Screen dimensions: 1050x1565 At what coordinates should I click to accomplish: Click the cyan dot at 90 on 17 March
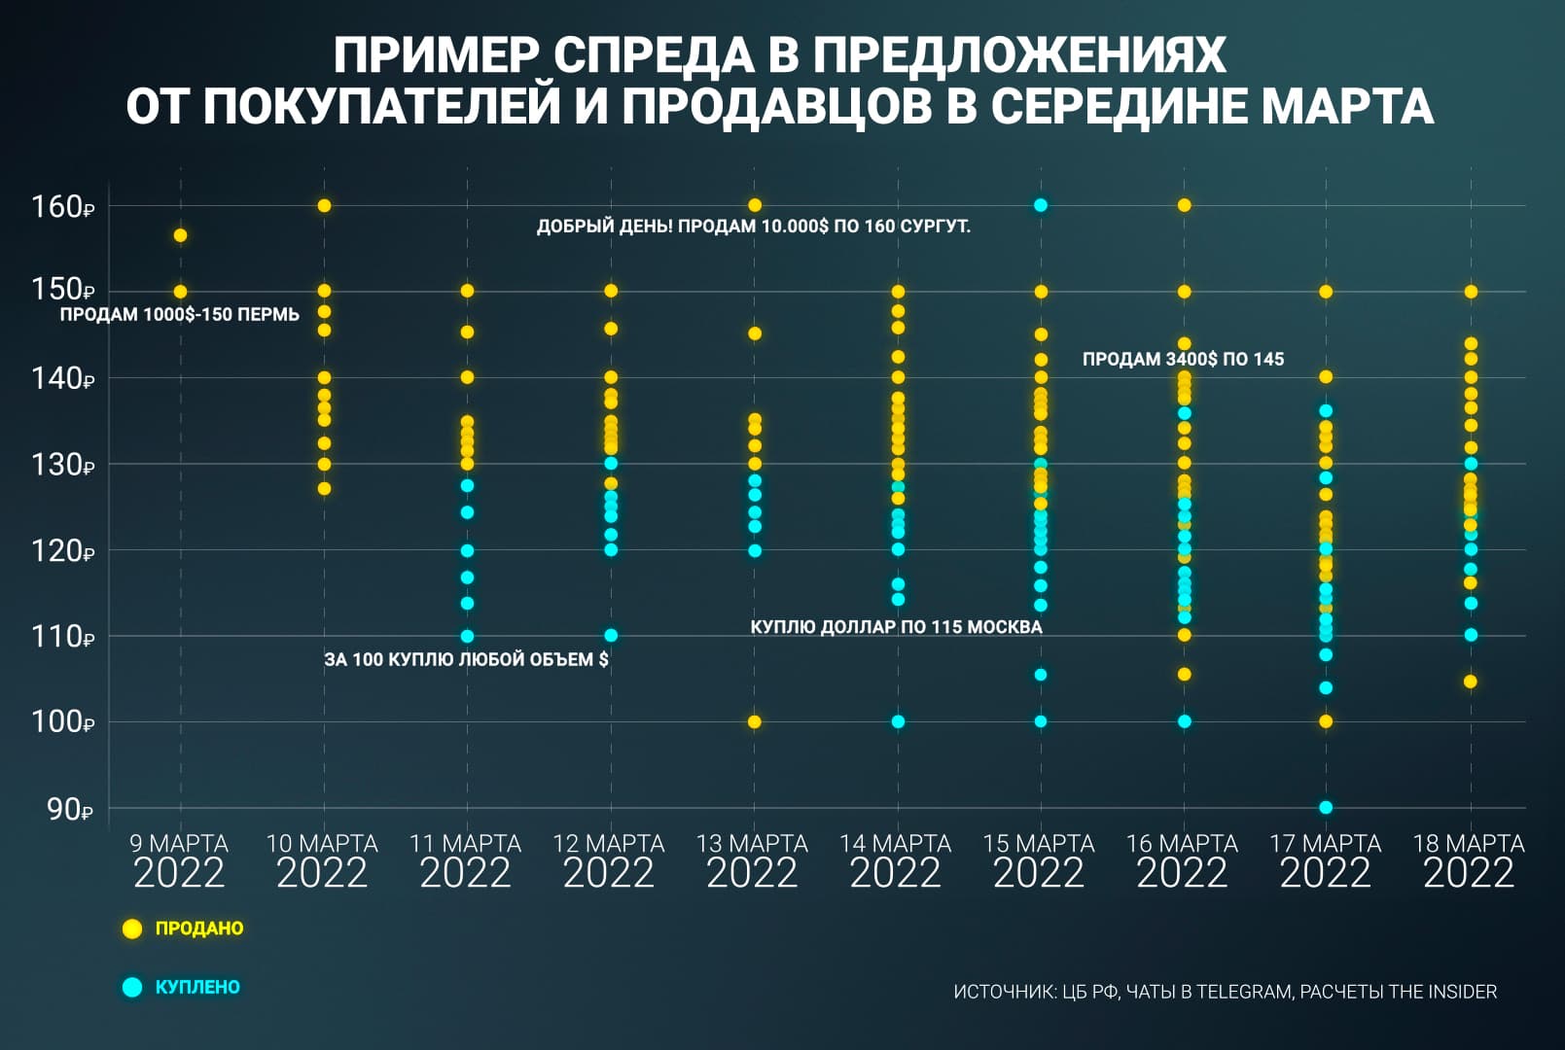1325,808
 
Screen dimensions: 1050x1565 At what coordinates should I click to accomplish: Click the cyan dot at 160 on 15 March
1040,205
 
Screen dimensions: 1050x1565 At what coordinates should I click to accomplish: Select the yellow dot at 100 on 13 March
754,722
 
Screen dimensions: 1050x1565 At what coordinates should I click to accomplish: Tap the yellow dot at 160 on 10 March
324,206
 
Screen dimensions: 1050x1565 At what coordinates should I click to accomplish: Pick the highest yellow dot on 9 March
180,235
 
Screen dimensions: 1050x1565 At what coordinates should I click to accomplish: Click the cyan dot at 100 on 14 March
898,721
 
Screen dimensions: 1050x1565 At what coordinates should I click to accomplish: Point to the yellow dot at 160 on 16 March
1184,205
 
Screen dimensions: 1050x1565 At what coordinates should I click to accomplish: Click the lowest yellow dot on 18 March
1470,682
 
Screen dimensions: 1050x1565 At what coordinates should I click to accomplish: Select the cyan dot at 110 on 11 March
467,637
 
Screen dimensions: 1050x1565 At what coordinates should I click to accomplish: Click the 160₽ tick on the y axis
62,207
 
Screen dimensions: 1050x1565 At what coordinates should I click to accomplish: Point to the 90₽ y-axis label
69,809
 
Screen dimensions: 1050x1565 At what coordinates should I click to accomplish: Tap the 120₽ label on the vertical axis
62,551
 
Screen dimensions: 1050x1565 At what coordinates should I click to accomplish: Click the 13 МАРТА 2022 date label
752,860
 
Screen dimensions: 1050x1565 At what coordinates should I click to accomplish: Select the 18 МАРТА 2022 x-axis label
1469,860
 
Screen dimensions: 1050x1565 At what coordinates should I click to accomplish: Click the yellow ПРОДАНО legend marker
132,928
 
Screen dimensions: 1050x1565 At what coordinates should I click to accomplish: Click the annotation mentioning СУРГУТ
753,227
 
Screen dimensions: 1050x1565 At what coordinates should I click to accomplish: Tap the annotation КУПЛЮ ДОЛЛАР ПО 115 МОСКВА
896,627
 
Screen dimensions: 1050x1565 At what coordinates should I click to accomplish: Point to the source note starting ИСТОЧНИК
1225,992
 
